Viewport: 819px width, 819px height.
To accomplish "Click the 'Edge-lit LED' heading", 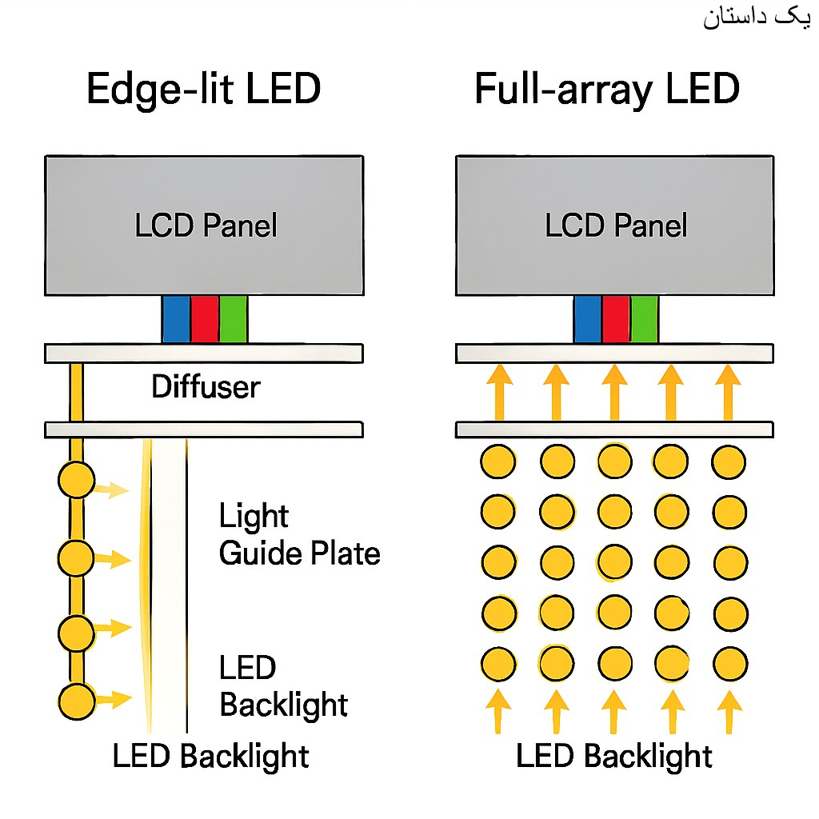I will coord(203,90).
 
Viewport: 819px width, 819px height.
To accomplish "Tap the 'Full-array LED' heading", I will coord(606,90).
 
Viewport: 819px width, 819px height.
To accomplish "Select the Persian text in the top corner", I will coord(757,18).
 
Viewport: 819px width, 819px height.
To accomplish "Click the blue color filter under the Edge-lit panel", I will coord(176,318).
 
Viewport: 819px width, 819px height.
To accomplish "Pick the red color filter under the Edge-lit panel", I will coord(204,318).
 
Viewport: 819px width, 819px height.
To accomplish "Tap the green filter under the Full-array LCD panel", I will coord(645,318).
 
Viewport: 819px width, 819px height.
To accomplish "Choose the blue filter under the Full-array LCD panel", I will coord(588,318).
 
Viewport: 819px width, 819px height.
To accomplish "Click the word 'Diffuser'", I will coord(206,388).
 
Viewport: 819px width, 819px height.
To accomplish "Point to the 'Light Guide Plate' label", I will coord(299,535).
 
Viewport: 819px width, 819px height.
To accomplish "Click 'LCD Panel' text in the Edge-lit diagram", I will coord(206,226).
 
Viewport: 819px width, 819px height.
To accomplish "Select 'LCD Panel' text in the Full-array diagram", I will coord(616,226).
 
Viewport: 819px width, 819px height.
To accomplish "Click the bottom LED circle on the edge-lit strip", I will coord(77,701).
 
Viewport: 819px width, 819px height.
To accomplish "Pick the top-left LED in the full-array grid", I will coord(497,461).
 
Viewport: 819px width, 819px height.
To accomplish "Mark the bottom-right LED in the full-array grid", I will coord(729,663).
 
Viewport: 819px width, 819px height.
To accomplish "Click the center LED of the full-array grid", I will coord(614,561).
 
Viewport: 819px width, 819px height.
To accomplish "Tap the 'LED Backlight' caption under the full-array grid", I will coord(613,756).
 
